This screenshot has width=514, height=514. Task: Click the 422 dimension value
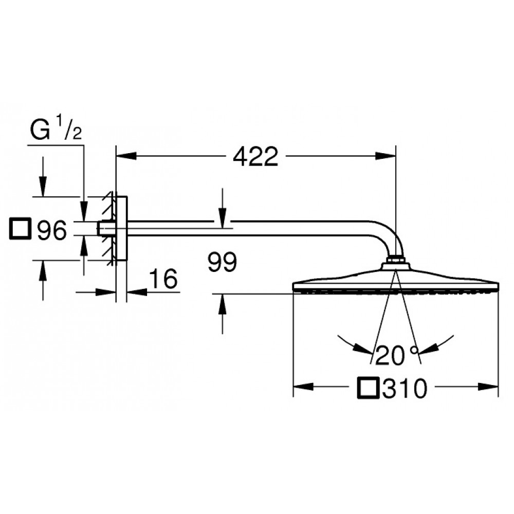(x=255, y=156)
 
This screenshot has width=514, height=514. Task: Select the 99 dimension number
(x=222, y=262)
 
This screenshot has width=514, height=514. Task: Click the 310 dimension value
(x=405, y=389)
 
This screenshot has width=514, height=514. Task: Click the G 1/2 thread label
(x=56, y=130)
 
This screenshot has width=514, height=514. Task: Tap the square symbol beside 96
(x=21, y=229)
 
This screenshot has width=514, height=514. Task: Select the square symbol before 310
(x=368, y=388)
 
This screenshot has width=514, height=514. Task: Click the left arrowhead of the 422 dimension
(x=126, y=156)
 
